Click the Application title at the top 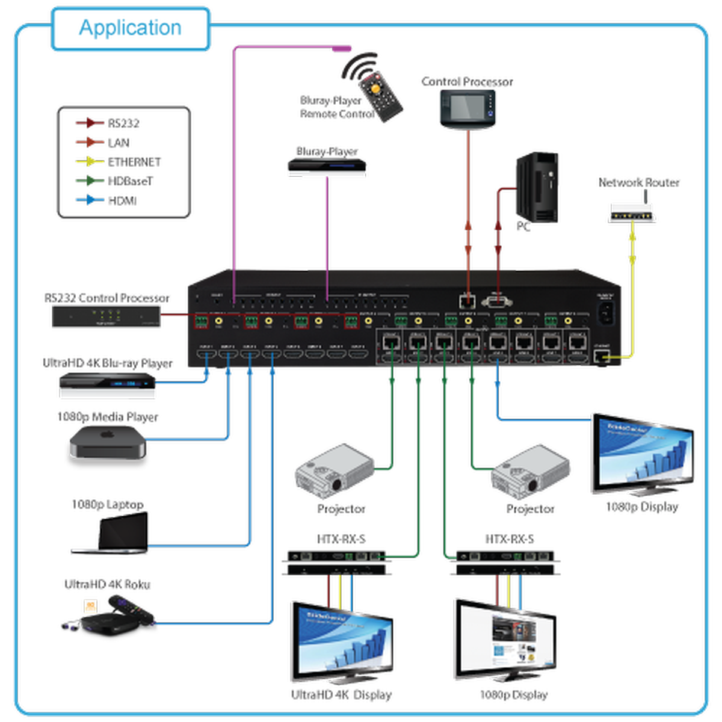click(x=130, y=28)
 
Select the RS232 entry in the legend click(x=123, y=123)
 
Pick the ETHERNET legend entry click(x=134, y=162)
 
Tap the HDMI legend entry click(x=122, y=200)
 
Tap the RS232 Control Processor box click(x=106, y=316)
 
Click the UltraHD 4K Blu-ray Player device click(x=108, y=385)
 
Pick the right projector click(x=530, y=472)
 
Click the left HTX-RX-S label click(x=341, y=539)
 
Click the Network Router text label click(x=639, y=182)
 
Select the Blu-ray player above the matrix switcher click(x=327, y=168)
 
